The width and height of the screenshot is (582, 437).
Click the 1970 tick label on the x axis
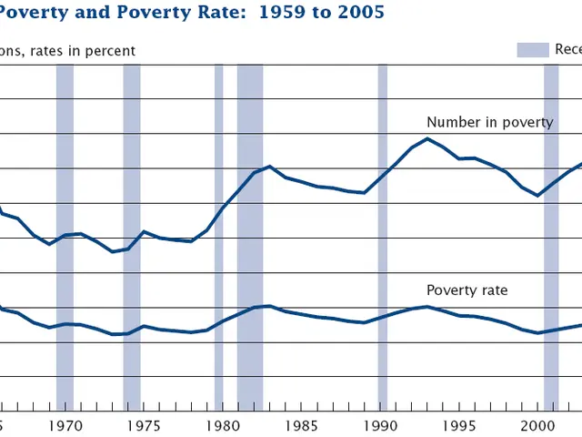point(63,425)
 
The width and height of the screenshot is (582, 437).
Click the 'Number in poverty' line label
point(489,123)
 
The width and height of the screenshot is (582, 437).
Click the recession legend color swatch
point(533,50)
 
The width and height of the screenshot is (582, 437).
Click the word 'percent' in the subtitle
point(110,51)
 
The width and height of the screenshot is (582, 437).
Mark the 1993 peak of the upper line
point(427,138)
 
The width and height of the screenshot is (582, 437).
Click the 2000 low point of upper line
point(538,196)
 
